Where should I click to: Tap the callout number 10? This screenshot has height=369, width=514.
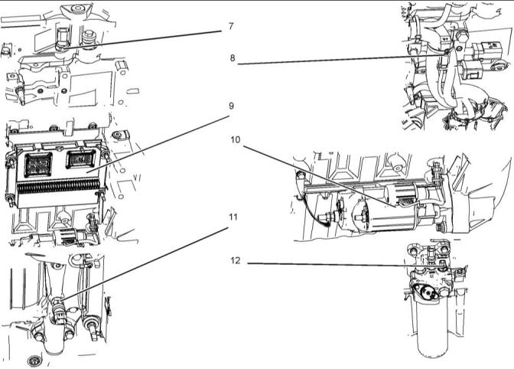(236, 140)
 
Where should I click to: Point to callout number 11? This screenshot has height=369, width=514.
(233, 217)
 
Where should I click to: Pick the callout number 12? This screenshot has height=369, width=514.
(236, 260)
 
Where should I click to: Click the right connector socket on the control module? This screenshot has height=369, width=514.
(80, 159)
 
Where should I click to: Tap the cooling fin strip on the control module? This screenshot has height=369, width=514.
(57, 187)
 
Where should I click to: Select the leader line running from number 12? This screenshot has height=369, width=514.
(329, 265)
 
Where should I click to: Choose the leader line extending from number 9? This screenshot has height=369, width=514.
(161, 145)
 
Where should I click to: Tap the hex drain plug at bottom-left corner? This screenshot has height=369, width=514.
(32, 360)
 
